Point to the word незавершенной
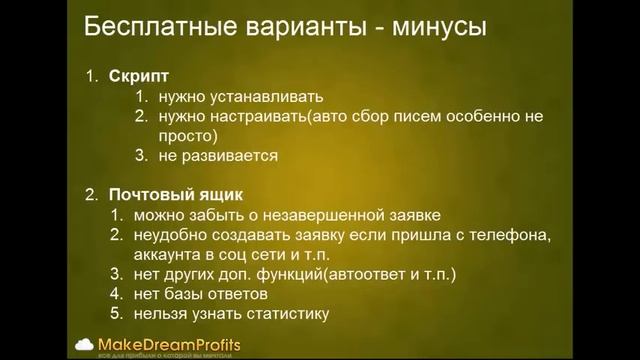336,214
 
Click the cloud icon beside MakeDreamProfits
85,343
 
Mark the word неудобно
167,234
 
